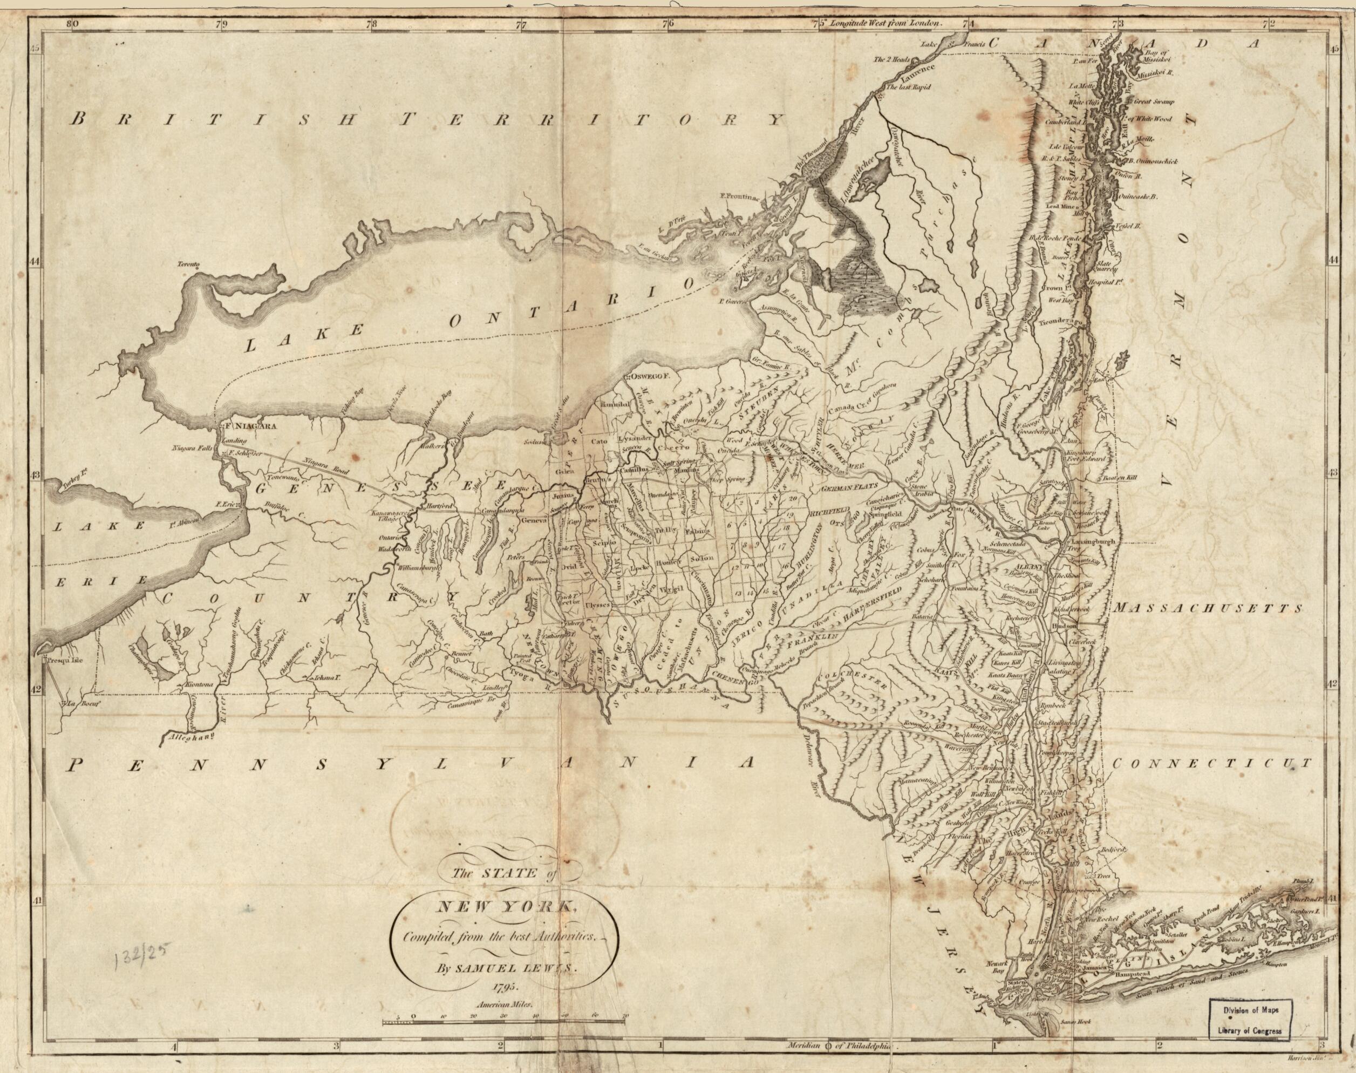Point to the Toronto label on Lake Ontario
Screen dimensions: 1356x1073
pyautogui.click(x=188, y=265)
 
